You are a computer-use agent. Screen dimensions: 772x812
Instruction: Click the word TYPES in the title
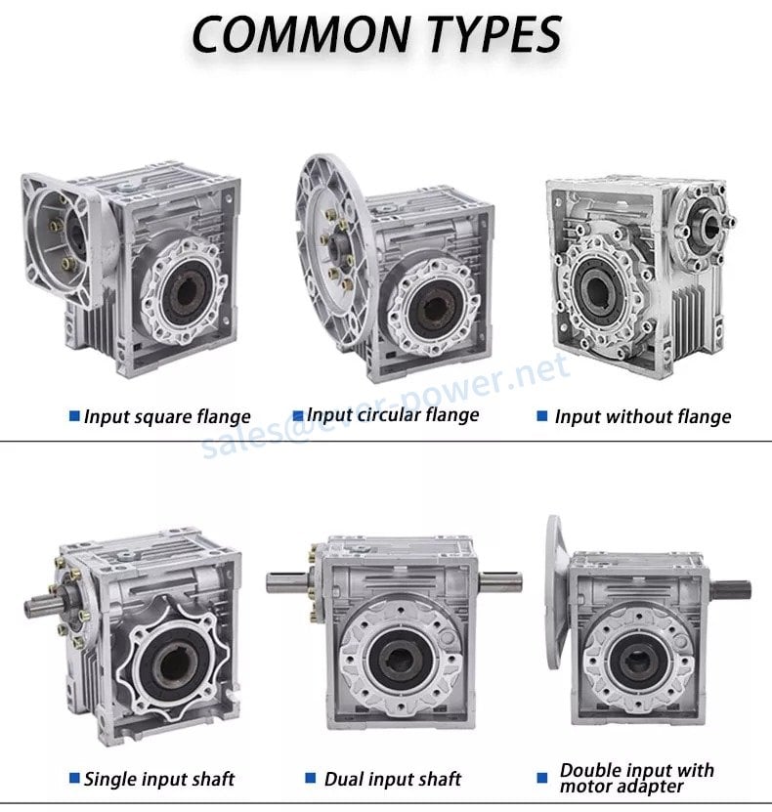tap(495, 34)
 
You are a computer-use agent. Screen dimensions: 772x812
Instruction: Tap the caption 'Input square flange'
tap(167, 417)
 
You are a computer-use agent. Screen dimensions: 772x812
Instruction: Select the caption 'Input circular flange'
tap(393, 415)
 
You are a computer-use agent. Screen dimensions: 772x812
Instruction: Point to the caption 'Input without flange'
tap(643, 416)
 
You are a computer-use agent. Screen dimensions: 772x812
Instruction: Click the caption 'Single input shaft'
tap(159, 779)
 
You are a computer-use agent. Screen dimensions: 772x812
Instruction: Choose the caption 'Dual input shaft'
tap(393, 779)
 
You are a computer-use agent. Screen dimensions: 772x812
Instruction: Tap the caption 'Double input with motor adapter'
tap(637, 778)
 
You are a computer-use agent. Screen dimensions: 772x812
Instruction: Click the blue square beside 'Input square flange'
tap(74, 416)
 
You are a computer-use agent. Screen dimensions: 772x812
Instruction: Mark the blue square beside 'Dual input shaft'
tap(311, 778)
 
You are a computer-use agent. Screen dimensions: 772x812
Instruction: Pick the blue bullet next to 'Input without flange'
tap(542, 416)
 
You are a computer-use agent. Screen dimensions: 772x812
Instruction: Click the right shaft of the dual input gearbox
tap(500, 581)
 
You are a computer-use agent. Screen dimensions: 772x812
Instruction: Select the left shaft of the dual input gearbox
tap(287, 582)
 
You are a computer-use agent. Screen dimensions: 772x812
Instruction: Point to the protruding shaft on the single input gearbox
tap(44, 604)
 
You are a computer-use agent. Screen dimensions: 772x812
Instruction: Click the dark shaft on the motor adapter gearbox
tap(731, 589)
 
